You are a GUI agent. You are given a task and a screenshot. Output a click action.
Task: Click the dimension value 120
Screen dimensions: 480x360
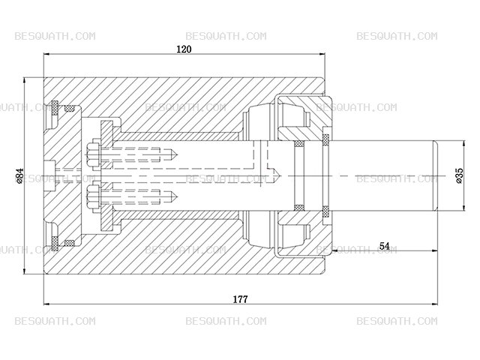(x=184, y=49)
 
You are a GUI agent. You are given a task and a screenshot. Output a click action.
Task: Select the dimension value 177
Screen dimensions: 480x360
(x=240, y=299)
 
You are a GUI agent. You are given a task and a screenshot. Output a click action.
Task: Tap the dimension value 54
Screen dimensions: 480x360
(x=384, y=246)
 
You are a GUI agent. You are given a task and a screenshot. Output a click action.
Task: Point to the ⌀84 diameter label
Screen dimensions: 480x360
(x=19, y=175)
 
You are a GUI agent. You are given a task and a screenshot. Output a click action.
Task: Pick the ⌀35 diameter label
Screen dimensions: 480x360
(x=460, y=175)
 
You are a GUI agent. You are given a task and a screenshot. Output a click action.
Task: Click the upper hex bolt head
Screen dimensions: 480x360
(x=93, y=154)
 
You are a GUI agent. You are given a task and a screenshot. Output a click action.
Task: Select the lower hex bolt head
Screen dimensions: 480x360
(x=93, y=196)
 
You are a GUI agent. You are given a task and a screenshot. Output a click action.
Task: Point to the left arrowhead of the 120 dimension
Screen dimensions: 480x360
(x=46, y=54)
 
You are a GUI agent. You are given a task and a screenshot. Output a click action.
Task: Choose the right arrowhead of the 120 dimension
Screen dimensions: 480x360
(x=322, y=54)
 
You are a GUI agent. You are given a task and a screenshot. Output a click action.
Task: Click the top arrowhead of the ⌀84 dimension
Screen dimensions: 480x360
(x=24, y=80)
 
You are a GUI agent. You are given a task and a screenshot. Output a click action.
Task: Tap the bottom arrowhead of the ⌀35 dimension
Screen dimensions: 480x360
(x=465, y=208)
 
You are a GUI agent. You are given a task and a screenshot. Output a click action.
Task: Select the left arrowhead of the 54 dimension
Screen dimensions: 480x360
(x=334, y=250)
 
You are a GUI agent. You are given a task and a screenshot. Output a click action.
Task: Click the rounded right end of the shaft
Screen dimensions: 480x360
(x=435, y=175)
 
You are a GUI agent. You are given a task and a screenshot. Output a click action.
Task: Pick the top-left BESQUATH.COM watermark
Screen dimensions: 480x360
(x=55, y=36)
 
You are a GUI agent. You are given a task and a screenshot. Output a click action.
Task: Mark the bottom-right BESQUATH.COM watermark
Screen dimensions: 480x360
(x=397, y=321)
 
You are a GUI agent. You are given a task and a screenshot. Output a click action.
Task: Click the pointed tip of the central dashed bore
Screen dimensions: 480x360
(x=280, y=176)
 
